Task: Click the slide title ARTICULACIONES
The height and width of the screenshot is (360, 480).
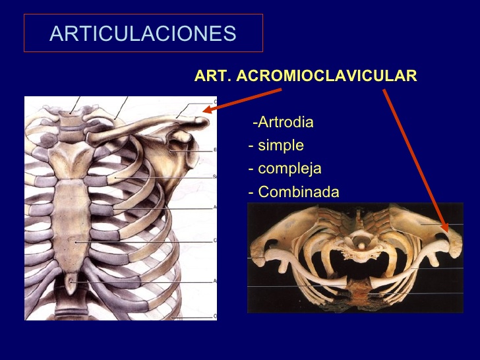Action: (142, 33)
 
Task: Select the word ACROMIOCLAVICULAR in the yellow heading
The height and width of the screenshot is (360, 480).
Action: (326, 76)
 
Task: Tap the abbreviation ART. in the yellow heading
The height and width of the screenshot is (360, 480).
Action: (213, 76)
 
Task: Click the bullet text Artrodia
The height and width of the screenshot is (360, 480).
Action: (285, 123)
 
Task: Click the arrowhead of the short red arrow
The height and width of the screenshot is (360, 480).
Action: (206, 111)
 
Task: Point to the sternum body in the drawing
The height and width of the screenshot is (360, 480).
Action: (75, 224)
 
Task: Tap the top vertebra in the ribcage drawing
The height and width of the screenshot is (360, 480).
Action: (67, 118)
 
